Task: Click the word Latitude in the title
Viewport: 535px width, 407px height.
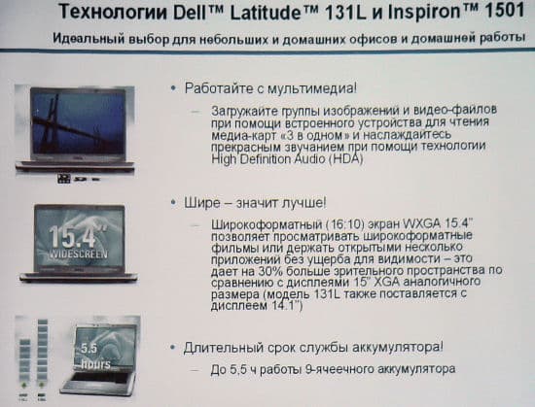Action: (265, 13)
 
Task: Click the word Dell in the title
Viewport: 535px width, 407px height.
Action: (191, 13)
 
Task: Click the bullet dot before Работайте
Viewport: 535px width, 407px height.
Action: (174, 88)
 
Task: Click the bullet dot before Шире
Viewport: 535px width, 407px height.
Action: (174, 203)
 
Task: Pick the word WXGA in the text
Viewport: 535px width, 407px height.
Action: (423, 224)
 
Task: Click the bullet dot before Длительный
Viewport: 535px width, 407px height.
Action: (174, 348)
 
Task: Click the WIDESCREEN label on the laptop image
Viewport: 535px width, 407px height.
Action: (79, 254)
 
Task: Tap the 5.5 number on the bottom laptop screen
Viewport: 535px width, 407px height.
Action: (89, 348)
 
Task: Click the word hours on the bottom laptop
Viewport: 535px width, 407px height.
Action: (96, 363)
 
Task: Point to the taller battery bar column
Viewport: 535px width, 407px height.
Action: (43, 351)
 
